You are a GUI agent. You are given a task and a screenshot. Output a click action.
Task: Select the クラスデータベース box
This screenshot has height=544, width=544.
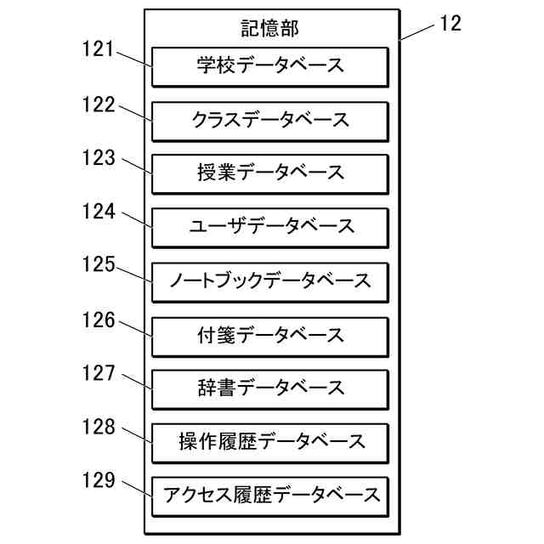(270, 120)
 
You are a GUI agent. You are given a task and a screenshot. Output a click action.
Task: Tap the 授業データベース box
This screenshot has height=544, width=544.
(270, 173)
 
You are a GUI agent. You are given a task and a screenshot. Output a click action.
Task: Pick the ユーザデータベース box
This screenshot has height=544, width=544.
(270, 227)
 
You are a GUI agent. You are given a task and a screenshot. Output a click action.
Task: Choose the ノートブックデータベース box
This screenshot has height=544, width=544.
(270, 280)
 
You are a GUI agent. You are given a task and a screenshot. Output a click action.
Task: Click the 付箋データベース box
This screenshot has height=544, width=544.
(270, 334)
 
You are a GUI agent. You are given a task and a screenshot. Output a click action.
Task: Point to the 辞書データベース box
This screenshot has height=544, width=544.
(270, 388)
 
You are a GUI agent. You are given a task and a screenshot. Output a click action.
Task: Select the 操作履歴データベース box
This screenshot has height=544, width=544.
(270, 441)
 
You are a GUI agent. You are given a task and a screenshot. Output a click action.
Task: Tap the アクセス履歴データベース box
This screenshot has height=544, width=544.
(270, 495)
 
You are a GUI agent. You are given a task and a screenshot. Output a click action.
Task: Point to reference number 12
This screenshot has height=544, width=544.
(450, 24)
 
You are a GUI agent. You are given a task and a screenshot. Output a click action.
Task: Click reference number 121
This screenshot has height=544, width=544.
(99, 49)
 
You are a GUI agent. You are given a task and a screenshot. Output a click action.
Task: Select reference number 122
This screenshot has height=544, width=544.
(99, 104)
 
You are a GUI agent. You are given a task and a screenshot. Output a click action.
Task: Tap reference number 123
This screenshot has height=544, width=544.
(99, 157)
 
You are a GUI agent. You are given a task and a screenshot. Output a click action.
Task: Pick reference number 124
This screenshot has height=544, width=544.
(99, 210)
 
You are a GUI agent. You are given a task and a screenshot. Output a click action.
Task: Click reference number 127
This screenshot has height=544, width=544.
(99, 372)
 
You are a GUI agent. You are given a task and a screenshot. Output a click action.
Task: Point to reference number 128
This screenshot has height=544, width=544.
(99, 427)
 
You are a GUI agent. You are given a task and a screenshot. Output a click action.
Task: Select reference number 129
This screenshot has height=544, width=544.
(99, 480)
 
